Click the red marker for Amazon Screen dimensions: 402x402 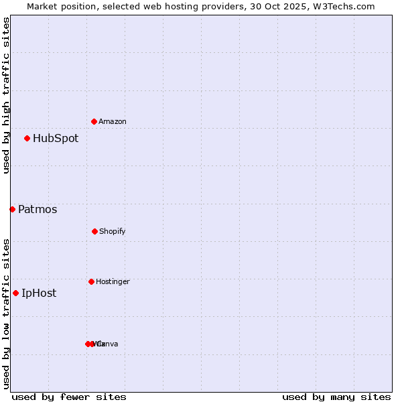(94, 121)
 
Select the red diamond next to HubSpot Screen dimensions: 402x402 (27, 138)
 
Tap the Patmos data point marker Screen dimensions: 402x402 (12, 209)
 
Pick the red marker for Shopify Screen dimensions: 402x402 (94, 231)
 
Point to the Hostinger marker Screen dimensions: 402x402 (91, 281)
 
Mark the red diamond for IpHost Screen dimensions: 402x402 (15, 293)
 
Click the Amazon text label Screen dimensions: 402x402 (113, 121)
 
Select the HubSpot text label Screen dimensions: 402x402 (56, 139)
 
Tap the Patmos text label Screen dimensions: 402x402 (38, 210)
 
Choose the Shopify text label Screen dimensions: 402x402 (113, 232)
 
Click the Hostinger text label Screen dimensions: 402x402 (113, 282)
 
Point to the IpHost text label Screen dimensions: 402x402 (39, 293)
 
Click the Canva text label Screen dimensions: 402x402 (109, 344)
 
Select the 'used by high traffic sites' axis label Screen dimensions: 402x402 (6, 95)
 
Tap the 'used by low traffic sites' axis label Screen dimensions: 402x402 (6, 314)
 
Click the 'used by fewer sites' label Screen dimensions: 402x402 (69, 397)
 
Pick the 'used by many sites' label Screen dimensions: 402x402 (336, 397)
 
